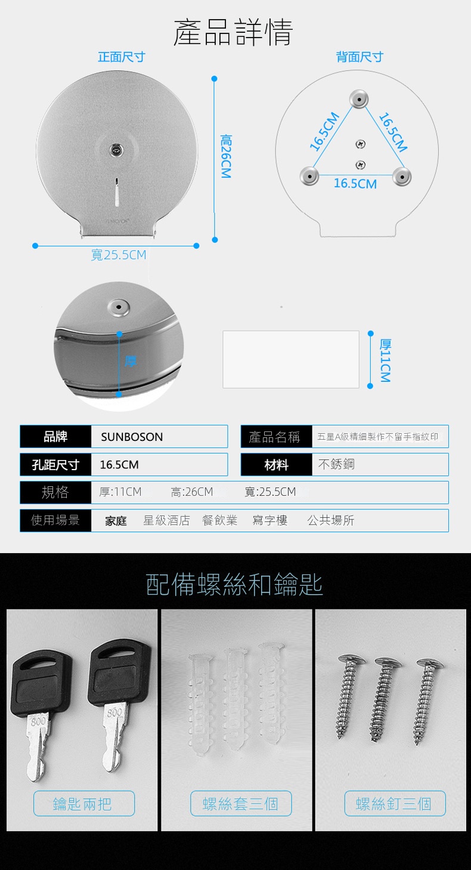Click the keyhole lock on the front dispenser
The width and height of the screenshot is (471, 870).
pos(116,149)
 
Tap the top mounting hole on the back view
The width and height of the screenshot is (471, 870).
pos(359,100)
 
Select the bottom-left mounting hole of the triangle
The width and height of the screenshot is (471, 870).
pos(309,176)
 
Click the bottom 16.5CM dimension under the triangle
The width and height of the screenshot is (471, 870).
pos(355,184)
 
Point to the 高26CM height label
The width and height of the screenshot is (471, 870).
pos(226,156)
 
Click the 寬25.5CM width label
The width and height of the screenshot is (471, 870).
pos(119,255)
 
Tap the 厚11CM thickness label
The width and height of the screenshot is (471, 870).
pos(385,361)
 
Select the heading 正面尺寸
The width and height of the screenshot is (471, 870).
pos(122,57)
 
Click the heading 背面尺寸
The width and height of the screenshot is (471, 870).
pos(360,57)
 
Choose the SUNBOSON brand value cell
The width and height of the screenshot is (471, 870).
pos(159,437)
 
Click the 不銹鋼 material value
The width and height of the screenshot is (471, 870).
pos(336,464)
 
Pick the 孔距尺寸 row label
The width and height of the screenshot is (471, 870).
pos(55,465)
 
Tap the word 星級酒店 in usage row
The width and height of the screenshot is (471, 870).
pos(166,520)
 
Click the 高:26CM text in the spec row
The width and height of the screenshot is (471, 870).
pos(191,492)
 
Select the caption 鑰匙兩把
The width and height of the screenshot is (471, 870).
pos(82,804)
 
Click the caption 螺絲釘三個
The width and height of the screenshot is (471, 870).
pos(393,804)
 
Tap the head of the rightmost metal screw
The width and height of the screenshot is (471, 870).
pos(429,663)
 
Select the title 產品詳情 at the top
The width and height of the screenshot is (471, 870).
pos(233,32)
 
